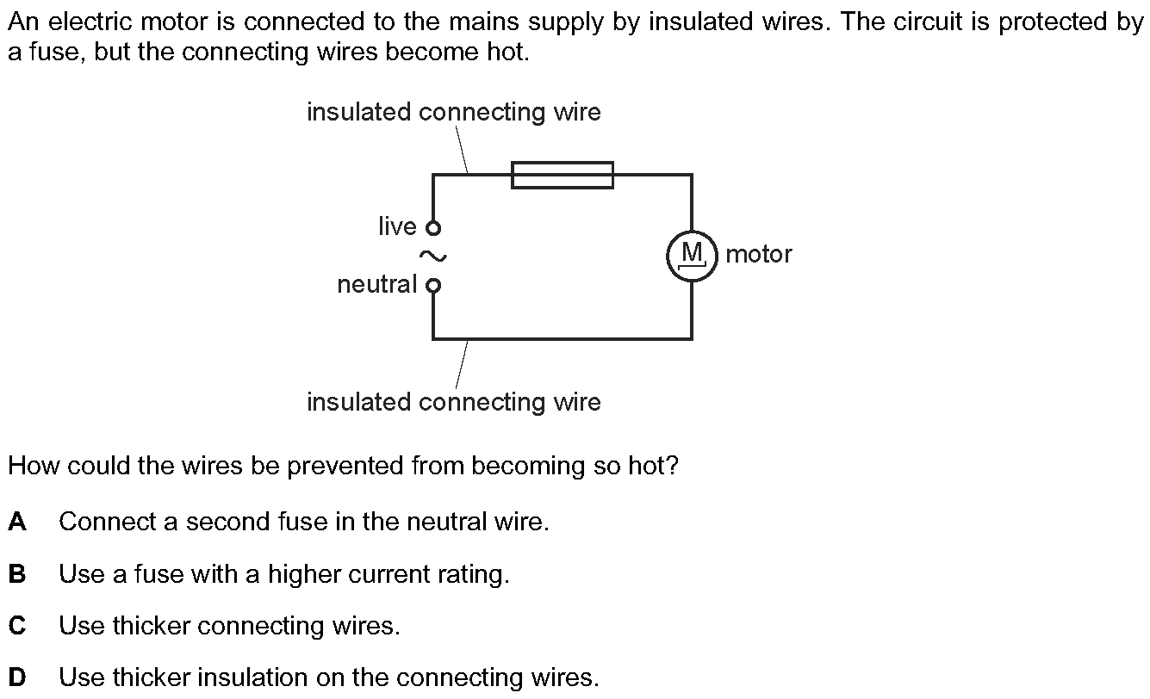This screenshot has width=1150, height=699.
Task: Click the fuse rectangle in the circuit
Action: point(563,175)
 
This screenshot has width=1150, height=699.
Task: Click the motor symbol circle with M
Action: point(692,256)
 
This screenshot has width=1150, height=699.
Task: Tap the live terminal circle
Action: point(433,228)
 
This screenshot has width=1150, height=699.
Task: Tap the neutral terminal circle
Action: point(433,285)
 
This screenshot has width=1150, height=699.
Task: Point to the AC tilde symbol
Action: point(432,256)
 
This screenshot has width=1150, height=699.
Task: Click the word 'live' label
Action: point(397,226)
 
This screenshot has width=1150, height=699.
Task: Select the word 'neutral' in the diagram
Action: point(376,284)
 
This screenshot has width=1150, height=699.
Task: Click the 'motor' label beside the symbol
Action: point(758,254)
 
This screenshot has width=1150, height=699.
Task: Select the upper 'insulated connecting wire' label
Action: point(453,112)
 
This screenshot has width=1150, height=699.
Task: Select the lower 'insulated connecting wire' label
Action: point(453,402)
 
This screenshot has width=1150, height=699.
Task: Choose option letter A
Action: point(17,522)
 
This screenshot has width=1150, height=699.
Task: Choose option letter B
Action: point(17,574)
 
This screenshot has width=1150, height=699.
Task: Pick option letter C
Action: point(17,626)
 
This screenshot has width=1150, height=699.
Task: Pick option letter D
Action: point(17,677)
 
